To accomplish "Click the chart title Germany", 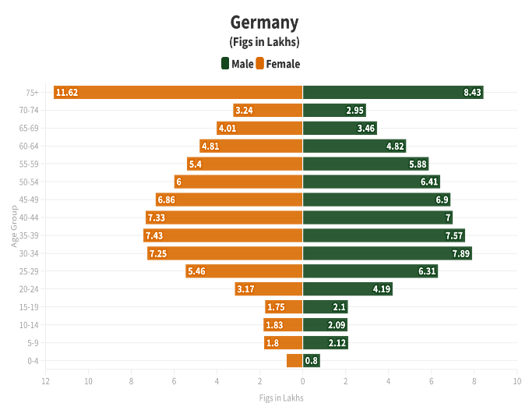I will click(x=264, y=22).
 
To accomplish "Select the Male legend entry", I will click(x=237, y=64).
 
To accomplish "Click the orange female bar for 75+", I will click(x=178, y=92).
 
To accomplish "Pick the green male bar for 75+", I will click(x=393, y=92).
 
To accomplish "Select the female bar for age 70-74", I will click(x=267, y=110).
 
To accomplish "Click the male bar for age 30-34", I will click(x=387, y=253).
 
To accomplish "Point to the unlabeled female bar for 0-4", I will click(x=294, y=361).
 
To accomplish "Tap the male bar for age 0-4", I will click(x=311, y=361).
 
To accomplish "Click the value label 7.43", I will click(x=154, y=235).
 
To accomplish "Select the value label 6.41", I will click(x=429, y=182).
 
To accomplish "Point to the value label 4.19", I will click(x=382, y=289).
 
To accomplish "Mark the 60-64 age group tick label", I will click(x=29, y=146).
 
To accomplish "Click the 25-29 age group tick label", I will click(x=29, y=271).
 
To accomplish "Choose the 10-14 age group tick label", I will click(x=29, y=325).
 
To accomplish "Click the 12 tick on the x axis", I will click(x=46, y=381).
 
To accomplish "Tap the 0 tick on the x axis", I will click(x=302, y=381).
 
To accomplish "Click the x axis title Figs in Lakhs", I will click(x=281, y=398).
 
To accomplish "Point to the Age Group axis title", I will click(x=14, y=226).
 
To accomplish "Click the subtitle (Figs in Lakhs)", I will click(x=264, y=42).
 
